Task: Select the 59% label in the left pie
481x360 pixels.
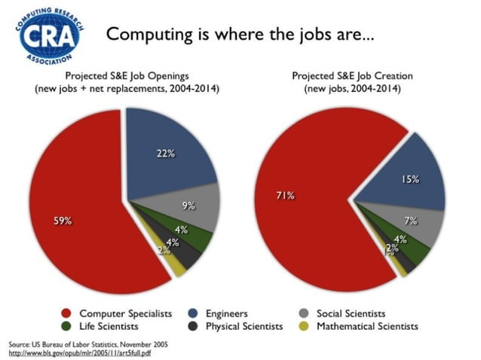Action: (63, 221)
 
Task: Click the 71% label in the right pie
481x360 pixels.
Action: (284, 196)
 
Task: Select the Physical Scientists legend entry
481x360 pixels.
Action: (241, 326)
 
